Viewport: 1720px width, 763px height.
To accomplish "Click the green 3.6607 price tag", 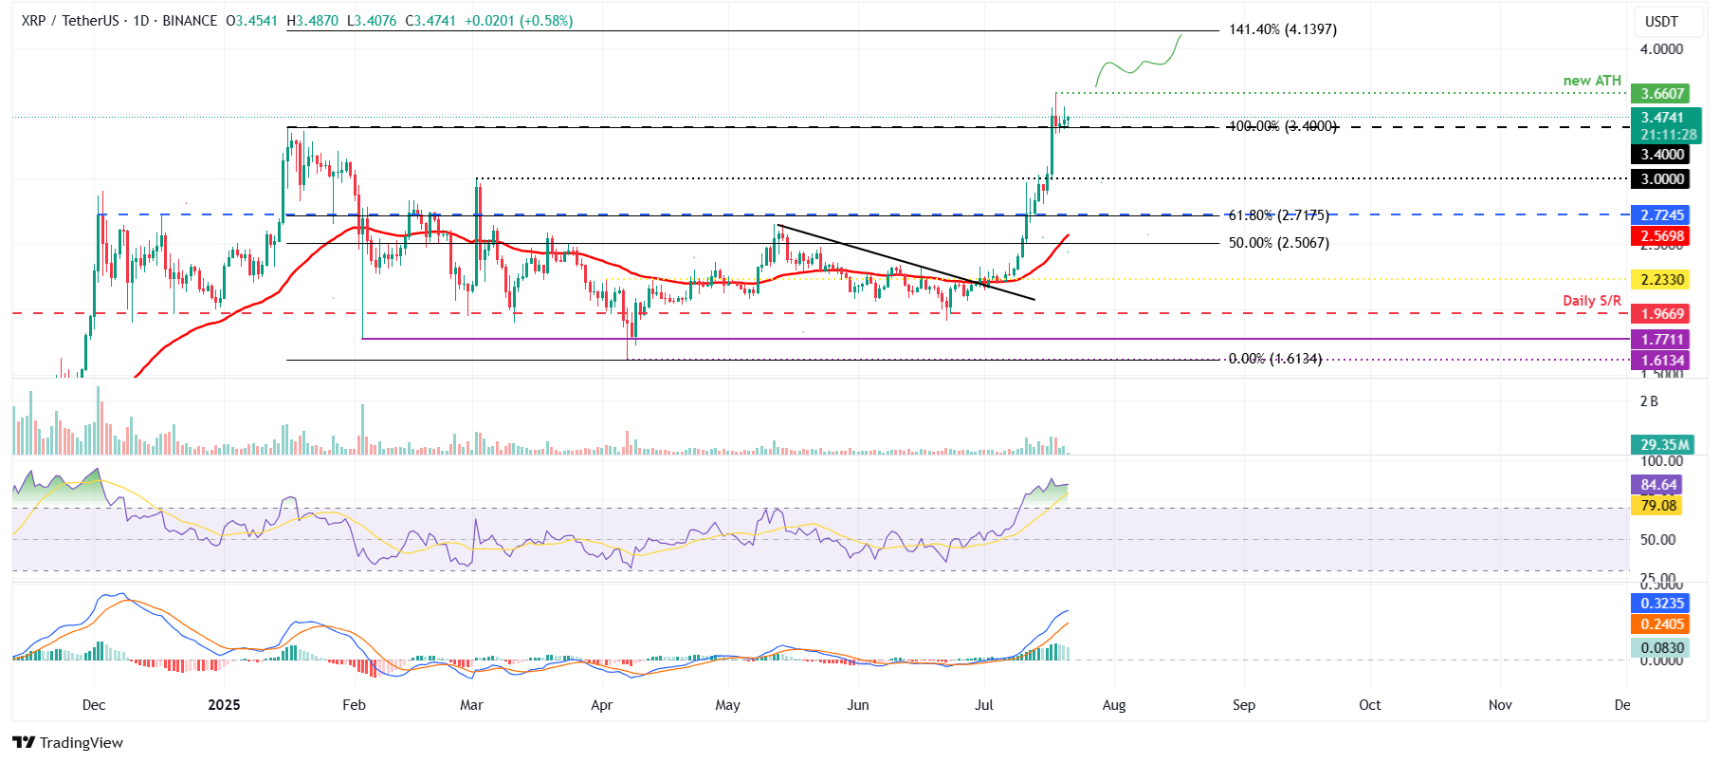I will pos(1662,94).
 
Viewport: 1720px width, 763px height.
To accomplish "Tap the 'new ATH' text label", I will pos(1592,81).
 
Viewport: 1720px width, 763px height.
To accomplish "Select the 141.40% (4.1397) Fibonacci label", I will pos(1282,29).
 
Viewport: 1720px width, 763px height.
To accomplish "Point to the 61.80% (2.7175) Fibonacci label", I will pos(1278,215).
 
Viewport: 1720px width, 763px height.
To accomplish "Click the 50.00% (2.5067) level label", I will pos(1278,243).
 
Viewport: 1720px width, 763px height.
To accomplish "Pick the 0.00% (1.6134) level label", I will pos(1274,359).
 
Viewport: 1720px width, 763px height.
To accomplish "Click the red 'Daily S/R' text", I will pos(1591,301).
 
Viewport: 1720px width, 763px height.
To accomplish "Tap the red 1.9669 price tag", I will pos(1662,314).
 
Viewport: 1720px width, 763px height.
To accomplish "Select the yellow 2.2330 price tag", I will pos(1662,280).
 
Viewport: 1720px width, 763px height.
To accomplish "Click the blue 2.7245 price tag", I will pos(1662,215).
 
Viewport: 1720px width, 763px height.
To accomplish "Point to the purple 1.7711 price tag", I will pos(1662,340).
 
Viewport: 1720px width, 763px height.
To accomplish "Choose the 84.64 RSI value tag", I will pos(1658,485).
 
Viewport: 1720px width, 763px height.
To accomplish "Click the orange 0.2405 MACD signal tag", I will pos(1662,624).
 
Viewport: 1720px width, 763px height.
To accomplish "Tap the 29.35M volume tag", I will pos(1664,445).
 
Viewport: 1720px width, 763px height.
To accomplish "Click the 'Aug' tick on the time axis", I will pos(1114,705).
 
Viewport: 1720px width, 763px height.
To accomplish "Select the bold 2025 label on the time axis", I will pos(224,705).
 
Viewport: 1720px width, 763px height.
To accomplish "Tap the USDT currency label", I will pos(1661,21).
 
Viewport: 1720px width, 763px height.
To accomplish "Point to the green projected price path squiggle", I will pos(1138,65).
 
